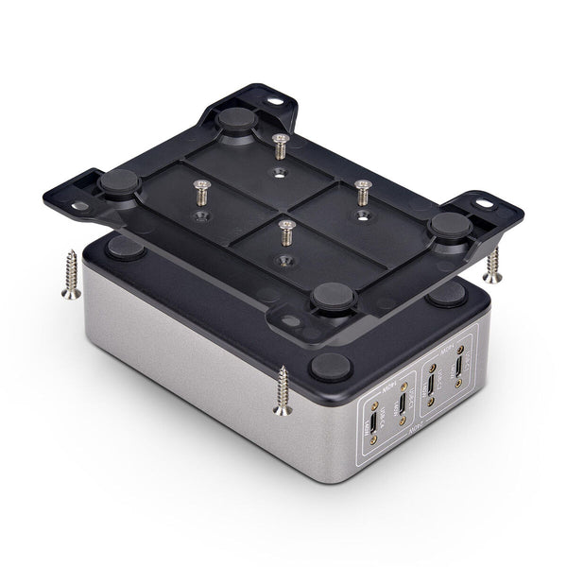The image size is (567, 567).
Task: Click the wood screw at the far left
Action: point(69,275)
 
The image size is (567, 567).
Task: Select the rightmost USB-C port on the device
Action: point(459,369)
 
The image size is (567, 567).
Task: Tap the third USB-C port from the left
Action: point(432,385)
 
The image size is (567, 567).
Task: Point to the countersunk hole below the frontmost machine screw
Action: point(284,259)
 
